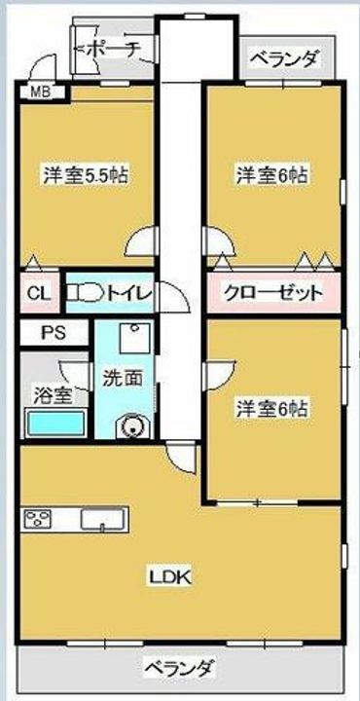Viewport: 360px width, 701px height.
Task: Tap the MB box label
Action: click(x=40, y=93)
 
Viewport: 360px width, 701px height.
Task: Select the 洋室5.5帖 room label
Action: click(x=86, y=175)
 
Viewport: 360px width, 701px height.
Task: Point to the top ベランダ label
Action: click(x=284, y=59)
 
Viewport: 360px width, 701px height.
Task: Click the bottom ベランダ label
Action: click(x=179, y=668)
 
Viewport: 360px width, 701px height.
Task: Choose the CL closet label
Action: click(x=39, y=293)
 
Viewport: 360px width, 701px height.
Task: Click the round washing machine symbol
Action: click(x=130, y=425)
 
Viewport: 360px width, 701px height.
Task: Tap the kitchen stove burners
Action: click(x=38, y=518)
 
